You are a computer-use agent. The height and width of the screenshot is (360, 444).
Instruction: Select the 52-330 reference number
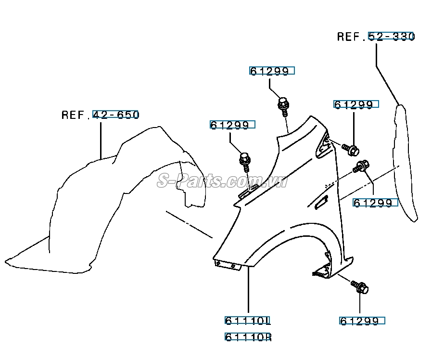click(x=391, y=37)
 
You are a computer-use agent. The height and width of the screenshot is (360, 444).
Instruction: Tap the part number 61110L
click(x=248, y=321)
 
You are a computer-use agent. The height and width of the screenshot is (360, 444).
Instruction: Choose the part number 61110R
click(x=248, y=337)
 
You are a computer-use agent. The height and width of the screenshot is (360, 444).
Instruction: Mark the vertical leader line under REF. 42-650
click(x=101, y=140)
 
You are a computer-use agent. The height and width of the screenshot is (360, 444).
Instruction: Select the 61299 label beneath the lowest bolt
click(x=362, y=321)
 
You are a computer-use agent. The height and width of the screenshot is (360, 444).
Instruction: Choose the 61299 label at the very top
click(x=271, y=71)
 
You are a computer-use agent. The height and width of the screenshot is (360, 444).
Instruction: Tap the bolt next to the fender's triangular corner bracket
click(x=350, y=149)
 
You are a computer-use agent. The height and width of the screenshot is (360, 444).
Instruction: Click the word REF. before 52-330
click(x=351, y=37)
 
